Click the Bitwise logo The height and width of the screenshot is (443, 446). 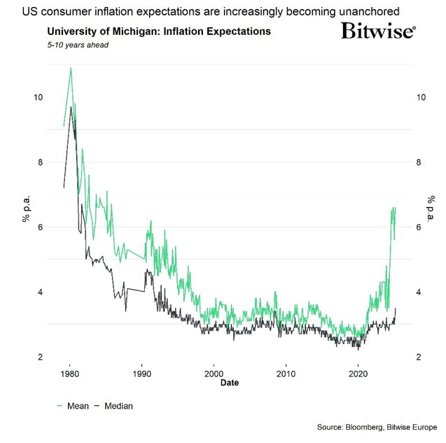click(378, 31)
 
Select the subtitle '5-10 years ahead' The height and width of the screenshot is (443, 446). click(77, 45)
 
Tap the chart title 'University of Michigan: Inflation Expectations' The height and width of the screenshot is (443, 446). click(158, 32)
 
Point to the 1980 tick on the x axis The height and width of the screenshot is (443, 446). click(69, 374)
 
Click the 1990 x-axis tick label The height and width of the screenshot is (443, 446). click(141, 374)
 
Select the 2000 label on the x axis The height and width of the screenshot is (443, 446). click(214, 374)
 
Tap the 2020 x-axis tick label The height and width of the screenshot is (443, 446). click(358, 374)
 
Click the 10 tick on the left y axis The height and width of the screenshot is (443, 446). click(38, 97)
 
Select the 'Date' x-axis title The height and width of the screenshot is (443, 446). click(229, 384)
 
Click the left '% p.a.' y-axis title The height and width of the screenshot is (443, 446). click(26, 210)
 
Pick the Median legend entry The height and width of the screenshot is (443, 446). click(113, 406)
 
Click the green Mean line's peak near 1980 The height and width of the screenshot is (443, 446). click(71, 69)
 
